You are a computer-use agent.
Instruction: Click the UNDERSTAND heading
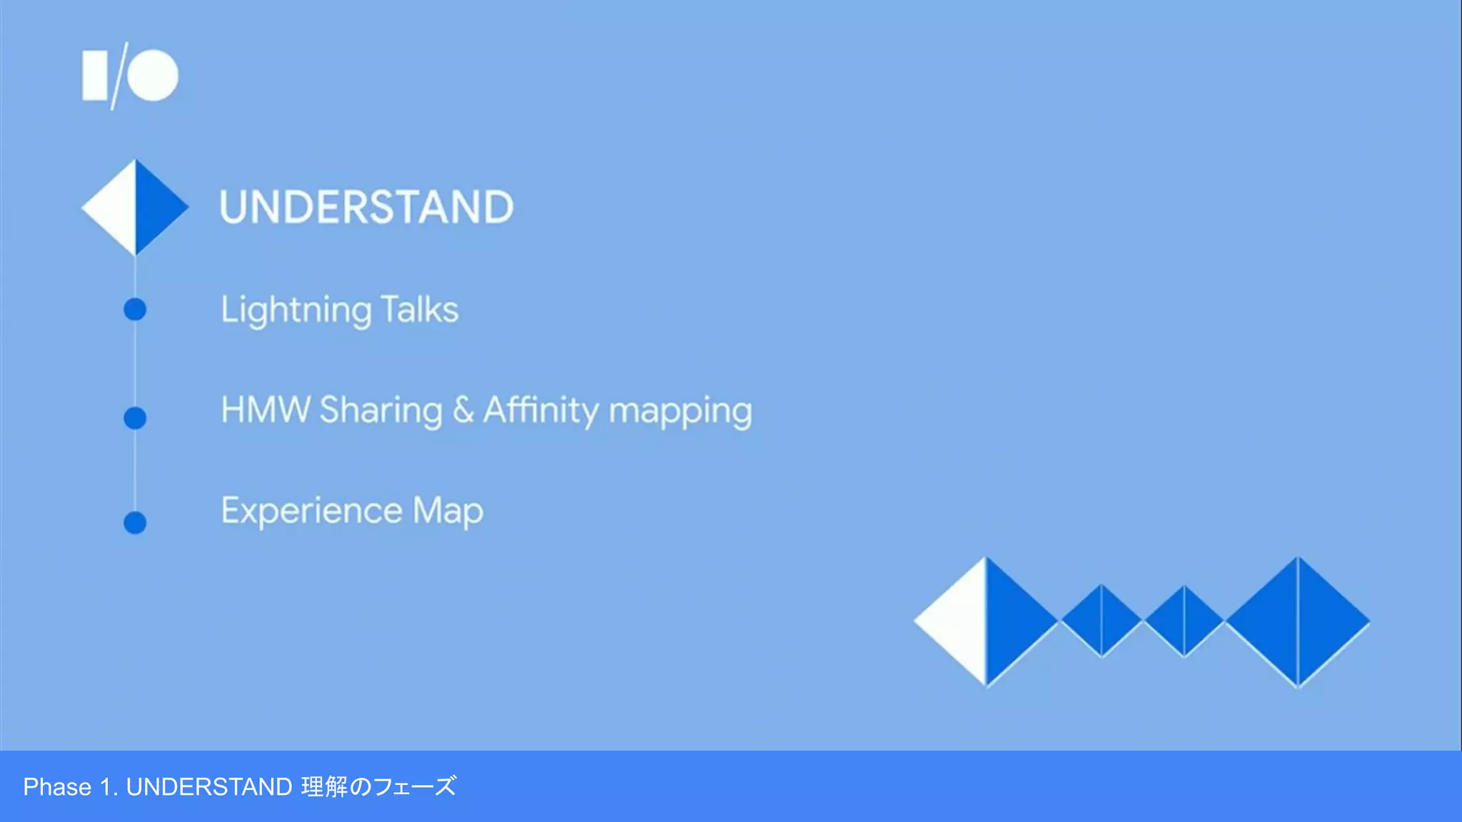(x=366, y=207)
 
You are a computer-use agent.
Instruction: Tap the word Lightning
(x=296, y=310)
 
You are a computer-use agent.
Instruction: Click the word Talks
(x=420, y=309)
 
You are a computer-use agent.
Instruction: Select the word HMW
(x=266, y=410)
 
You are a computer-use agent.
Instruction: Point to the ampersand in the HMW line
(x=463, y=410)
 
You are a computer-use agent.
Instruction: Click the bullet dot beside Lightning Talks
(x=135, y=310)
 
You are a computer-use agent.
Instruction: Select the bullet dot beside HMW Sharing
(x=135, y=417)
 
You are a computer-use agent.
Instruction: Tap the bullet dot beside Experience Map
(x=135, y=522)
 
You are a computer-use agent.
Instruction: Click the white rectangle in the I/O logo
(x=95, y=75)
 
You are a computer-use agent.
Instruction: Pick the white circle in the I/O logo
(x=153, y=75)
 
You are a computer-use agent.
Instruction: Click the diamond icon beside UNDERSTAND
(x=135, y=207)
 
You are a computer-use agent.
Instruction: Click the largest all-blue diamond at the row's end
(x=1298, y=621)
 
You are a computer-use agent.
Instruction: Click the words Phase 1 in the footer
(x=67, y=787)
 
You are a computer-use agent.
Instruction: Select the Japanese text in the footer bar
(x=378, y=787)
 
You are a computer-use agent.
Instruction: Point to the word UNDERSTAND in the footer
(x=208, y=787)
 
